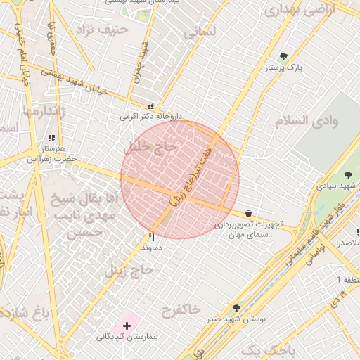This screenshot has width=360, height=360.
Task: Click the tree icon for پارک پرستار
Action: tap(283, 56)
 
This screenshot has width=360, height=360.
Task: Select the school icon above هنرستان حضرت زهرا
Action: tap(50, 139)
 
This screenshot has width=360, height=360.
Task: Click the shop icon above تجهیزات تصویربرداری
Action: tap(249, 213)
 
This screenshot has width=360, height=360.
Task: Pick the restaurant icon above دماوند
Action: tap(151, 237)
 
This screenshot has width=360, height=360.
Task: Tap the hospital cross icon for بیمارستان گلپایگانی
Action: tap(127, 326)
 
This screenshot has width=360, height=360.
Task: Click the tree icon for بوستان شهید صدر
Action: tap(236, 308)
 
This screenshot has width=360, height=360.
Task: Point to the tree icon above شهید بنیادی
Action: tap(347, 175)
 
